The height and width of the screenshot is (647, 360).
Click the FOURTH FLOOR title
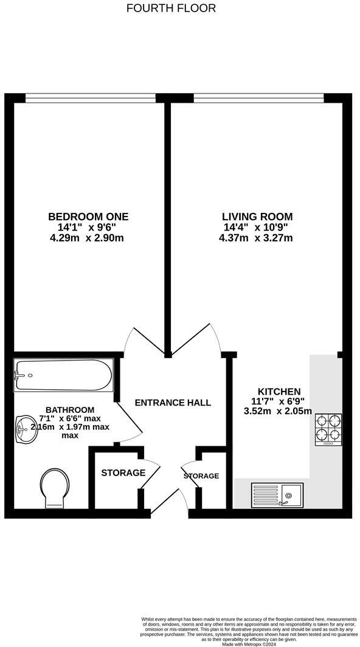point(171,8)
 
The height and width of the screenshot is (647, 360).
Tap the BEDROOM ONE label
point(89,216)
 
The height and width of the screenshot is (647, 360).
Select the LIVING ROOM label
point(257,216)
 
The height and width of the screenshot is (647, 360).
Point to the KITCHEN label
point(279,392)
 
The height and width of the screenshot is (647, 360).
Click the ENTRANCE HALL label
point(173,403)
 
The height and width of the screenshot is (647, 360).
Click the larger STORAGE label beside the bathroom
point(123,472)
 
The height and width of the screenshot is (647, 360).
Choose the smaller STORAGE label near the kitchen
point(201,476)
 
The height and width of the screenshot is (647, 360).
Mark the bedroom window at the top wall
point(90,95)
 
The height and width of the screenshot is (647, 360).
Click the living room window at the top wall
point(259,95)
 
